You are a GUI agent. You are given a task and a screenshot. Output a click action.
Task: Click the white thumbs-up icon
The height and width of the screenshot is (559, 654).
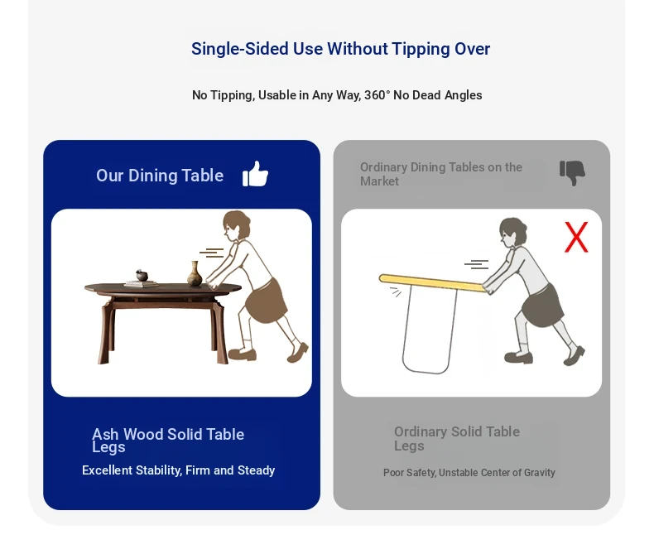(255, 174)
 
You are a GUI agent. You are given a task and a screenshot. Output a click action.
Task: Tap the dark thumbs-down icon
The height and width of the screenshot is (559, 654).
(572, 172)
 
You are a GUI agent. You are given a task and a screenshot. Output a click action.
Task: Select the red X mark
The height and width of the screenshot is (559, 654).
(576, 237)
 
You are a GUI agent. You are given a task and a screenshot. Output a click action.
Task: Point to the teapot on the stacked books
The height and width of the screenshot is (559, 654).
(142, 275)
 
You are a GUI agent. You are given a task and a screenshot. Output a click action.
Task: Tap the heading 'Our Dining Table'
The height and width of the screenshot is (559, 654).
(160, 176)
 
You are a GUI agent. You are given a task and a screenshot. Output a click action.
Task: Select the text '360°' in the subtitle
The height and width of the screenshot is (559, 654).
(377, 95)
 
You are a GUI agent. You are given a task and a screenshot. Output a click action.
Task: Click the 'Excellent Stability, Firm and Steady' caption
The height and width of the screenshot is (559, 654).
(179, 470)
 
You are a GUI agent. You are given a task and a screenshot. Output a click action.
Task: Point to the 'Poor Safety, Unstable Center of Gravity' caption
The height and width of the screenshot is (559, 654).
(469, 473)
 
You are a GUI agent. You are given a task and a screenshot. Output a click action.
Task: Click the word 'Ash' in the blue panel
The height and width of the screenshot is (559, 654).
(105, 434)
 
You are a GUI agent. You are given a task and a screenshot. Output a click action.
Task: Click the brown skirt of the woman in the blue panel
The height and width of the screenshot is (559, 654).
(267, 300)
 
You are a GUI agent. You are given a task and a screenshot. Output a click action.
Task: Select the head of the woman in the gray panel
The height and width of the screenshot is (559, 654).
(512, 233)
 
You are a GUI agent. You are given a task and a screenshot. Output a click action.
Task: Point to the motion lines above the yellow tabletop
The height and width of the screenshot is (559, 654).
(476, 264)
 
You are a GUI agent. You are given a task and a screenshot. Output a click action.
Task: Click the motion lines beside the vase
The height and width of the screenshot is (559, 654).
(211, 253)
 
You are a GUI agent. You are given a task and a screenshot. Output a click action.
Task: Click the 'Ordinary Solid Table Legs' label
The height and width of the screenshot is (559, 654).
(457, 438)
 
